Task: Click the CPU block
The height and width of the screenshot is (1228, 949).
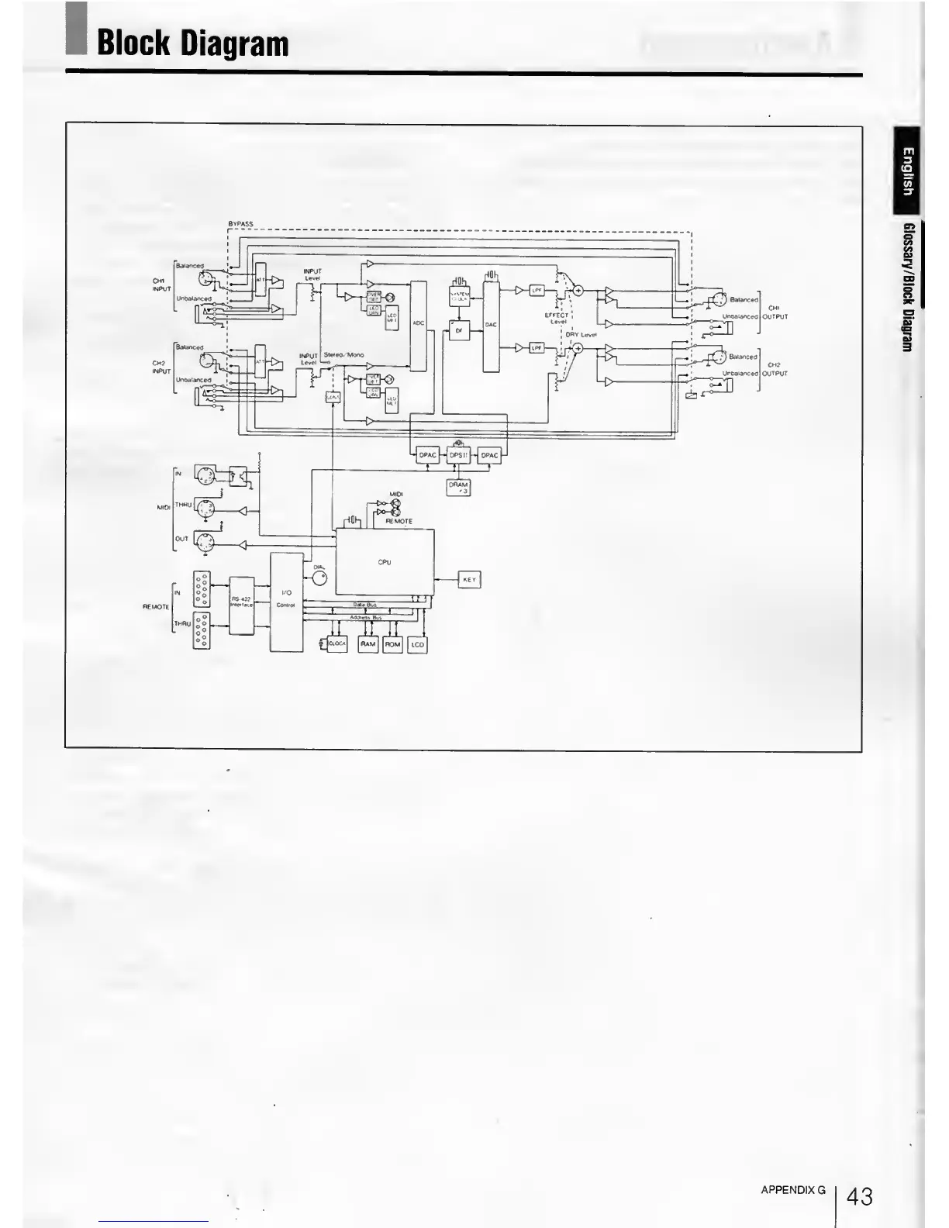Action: [385, 562]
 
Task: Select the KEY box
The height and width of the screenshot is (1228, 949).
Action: [469, 579]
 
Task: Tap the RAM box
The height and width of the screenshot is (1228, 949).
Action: [368, 643]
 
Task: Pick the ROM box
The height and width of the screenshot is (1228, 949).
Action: [392, 643]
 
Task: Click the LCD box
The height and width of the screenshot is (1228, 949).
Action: [417, 643]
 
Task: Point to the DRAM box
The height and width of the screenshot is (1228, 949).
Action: [458, 487]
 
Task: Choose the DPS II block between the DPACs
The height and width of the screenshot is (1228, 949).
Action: [459, 455]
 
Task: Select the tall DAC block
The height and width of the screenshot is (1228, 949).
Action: [491, 326]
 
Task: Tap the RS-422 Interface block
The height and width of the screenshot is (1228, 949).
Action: [242, 605]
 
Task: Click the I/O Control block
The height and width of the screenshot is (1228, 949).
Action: [285, 602]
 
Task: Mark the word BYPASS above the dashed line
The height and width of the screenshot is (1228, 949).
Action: [240, 224]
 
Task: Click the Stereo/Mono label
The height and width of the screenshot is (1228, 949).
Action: [343, 355]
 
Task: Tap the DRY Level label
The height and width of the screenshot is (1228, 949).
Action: [581, 335]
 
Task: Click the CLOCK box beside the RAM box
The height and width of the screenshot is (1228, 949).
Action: [337, 643]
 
